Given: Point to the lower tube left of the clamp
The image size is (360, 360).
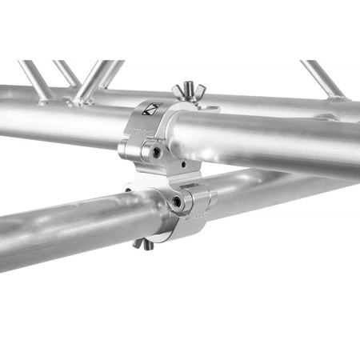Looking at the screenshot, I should [64, 228].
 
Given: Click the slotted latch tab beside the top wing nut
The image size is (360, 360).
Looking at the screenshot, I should [206, 106].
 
